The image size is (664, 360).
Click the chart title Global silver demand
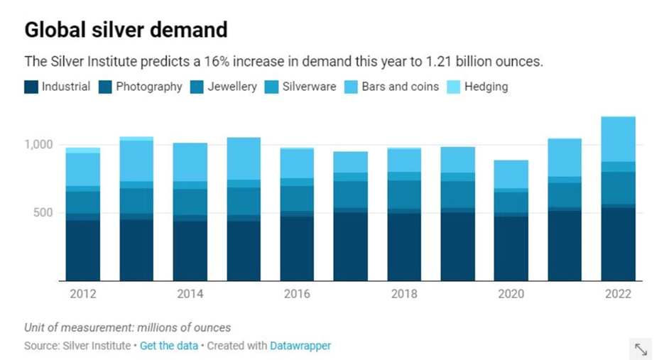pyautogui.click(x=126, y=30)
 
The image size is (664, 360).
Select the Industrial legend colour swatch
pyautogui.click(x=31, y=87)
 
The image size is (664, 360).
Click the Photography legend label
pyautogui.click(x=149, y=87)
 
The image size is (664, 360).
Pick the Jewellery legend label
pyautogui.click(x=232, y=87)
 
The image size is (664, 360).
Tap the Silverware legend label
pyautogui.click(x=309, y=87)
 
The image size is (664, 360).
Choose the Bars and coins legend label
pyautogui.click(x=400, y=87)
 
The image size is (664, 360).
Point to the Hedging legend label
pyautogui.click(x=486, y=87)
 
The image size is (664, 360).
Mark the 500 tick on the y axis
pyautogui.click(x=45, y=213)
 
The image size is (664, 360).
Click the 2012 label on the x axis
pyautogui.click(x=83, y=294)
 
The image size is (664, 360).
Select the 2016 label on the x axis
pyautogui.click(x=297, y=294)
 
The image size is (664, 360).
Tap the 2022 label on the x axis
pyautogui.click(x=618, y=294)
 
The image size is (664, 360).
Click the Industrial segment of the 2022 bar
pyautogui.click(x=618, y=245)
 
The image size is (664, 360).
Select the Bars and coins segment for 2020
pyautogui.click(x=511, y=174)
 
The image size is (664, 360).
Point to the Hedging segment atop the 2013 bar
pyautogui.click(x=136, y=138)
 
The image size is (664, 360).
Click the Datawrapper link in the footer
pyautogui.click(x=300, y=346)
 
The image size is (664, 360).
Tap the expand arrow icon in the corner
pyautogui.click(x=641, y=349)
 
